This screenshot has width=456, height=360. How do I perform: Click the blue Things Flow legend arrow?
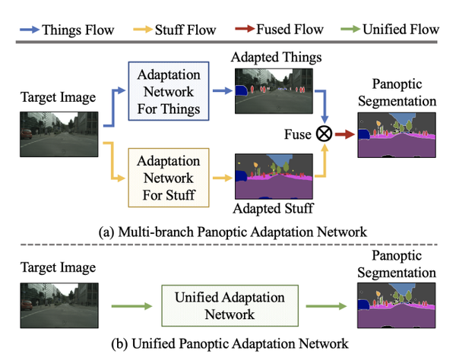[x=27, y=30]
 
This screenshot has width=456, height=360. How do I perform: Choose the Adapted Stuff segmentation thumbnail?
[x=274, y=174]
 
